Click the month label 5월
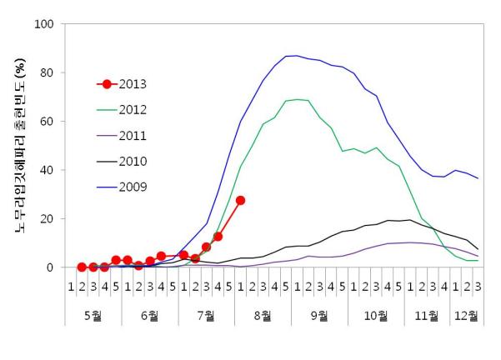click(x=93, y=315)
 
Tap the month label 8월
click(x=263, y=315)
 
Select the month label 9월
click(x=319, y=315)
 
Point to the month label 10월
click(x=376, y=315)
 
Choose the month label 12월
click(x=467, y=315)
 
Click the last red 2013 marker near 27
click(x=240, y=200)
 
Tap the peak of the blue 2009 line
click(x=292, y=56)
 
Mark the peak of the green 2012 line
click(x=297, y=99)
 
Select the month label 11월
click(x=427, y=315)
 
